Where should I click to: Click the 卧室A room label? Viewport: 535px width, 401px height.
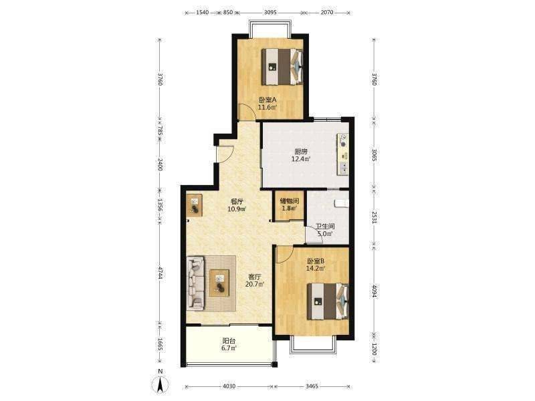point(267,100)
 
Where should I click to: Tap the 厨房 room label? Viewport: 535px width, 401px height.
point(300,152)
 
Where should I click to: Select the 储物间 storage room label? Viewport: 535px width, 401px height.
point(290,201)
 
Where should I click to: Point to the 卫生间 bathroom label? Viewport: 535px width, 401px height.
point(325,227)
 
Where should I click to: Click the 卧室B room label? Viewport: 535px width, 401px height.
point(316,261)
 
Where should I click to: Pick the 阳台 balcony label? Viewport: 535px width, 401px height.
point(229,341)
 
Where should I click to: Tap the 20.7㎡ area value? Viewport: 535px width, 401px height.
point(255,284)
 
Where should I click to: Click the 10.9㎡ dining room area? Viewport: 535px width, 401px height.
point(237,209)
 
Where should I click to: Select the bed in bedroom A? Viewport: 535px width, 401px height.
point(282,67)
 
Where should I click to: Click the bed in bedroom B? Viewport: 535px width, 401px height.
point(328,301)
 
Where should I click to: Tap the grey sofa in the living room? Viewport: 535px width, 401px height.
point(196,283)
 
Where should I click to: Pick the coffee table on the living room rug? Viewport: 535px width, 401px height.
point(219,283)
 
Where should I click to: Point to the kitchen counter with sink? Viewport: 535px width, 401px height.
point(343,154)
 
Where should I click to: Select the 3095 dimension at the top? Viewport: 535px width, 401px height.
point(270,12)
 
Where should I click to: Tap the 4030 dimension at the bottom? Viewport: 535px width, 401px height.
point(229,386)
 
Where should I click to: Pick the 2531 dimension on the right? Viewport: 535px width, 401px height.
point(374,218)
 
